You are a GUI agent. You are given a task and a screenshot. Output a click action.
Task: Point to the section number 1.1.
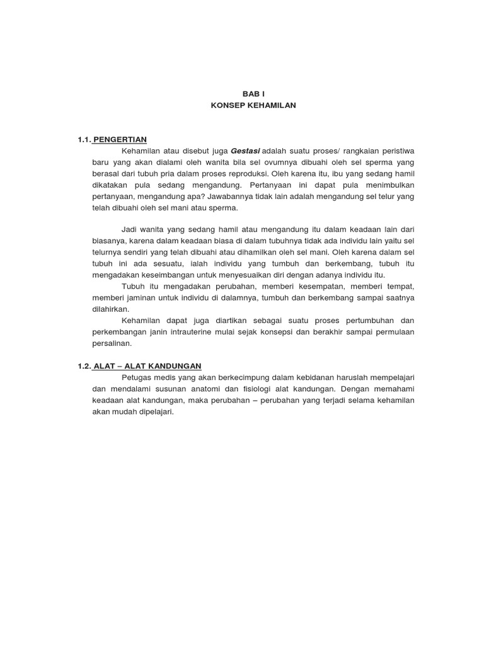(85, 139)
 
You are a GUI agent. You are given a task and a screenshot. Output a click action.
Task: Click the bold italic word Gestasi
(246, 151)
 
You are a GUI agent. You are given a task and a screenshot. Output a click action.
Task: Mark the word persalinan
(111, 343)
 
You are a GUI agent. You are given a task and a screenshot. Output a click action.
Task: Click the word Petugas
(137, 377)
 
